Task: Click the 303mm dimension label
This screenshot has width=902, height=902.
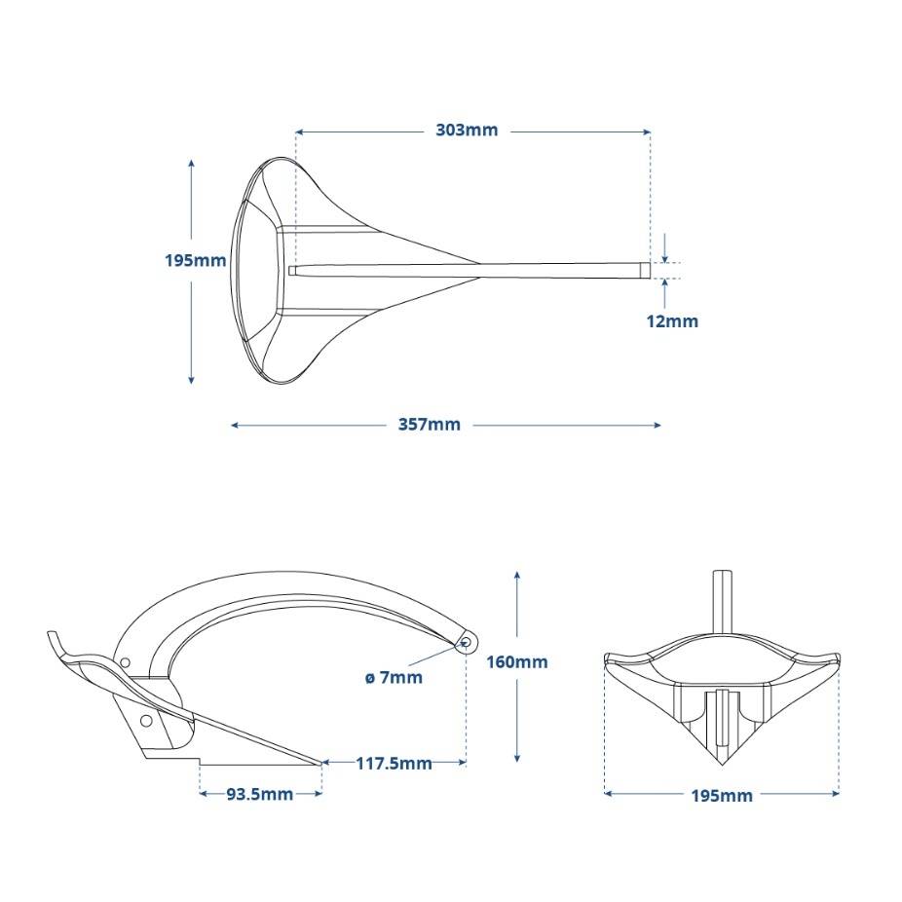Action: pos(467,131)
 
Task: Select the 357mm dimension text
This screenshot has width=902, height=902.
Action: pos(430,425)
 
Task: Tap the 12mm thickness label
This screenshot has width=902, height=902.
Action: pos(672,320)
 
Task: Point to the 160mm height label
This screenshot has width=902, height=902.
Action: pos(517,662)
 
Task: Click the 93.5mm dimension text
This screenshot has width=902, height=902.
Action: pos(260,794)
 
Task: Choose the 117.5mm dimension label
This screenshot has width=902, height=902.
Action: pos(393,764)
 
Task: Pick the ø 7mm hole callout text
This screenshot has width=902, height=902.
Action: pos(395,677)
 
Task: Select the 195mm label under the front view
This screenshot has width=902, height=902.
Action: pos(722,796)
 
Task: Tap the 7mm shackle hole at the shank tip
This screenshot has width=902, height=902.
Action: pos(467,641)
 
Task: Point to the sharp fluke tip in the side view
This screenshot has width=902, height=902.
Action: pos(320,763)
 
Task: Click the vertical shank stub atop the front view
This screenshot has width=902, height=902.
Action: pos(722,599)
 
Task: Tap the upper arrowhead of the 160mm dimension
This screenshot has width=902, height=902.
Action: pos(517,576)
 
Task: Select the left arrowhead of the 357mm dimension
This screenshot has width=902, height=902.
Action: pos(235,425)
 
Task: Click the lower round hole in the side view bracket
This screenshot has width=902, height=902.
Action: pos(146,721)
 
